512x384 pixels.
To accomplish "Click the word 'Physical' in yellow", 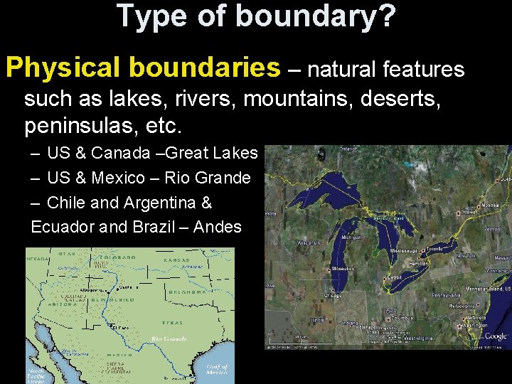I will pyautogui.click(x=66, y=68).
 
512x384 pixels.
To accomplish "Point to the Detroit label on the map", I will pyautogui.click(x=396, y=277).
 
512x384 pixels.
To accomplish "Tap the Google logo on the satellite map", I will pyautogui.click(x=495, y=336).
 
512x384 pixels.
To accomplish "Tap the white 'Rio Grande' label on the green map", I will pyautogui.click(x=169, y=339).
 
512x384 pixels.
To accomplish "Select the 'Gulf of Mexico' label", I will pyautogui.click(x=217, y=369).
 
